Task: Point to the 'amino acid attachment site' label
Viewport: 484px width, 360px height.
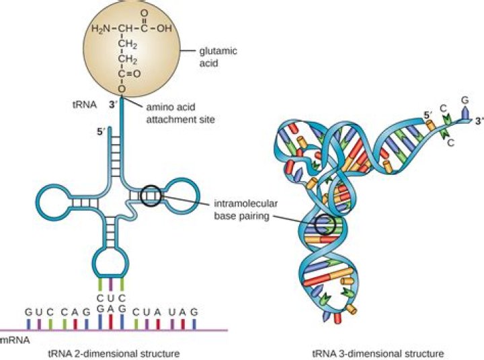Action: pyautogui.click(x=176, y=112)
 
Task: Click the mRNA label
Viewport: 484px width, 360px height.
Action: pyautogui.click(x=15, y=341)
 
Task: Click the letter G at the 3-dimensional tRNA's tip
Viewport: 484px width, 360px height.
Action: pyautogui.click(x=463, y=102)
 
